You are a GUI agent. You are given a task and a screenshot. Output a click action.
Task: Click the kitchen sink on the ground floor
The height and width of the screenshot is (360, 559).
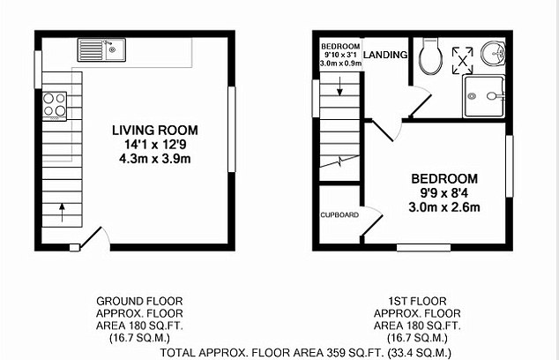(101, 49)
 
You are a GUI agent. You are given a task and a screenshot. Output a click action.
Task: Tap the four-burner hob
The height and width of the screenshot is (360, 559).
(55, 106)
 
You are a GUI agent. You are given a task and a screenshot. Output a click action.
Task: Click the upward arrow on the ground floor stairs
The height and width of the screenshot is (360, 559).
(62, 213)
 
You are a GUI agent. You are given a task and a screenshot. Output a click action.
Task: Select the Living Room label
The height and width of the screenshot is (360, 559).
(155, 131)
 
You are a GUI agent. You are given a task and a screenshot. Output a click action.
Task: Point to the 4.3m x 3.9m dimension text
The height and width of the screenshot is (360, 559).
(155, 159)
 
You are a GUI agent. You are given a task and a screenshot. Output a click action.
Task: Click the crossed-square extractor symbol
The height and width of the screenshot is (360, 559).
(463, 61)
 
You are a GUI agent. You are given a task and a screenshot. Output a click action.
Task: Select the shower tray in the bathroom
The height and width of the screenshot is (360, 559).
(484, 96)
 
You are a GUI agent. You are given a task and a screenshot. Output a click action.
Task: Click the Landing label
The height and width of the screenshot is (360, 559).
(385, 55)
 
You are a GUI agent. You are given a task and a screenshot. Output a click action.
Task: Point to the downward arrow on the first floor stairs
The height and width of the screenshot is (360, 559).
(339, 86)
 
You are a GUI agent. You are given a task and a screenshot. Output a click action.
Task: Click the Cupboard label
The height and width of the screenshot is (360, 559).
(339, 214)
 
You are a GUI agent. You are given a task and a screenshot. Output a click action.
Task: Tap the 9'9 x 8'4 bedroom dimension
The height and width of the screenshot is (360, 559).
(444, 193)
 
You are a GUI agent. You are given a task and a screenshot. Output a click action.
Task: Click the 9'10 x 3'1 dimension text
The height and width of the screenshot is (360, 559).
(340, 55)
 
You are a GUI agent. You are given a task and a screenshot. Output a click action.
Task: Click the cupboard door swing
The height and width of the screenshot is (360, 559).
(373, 222)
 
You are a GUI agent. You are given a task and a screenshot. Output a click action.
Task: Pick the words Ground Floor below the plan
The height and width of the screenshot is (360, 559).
(139, 301)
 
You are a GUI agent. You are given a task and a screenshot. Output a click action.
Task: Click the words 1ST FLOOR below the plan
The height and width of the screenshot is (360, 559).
(417, 301)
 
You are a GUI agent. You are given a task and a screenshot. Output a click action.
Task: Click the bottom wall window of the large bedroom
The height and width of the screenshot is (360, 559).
(424, 248)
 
